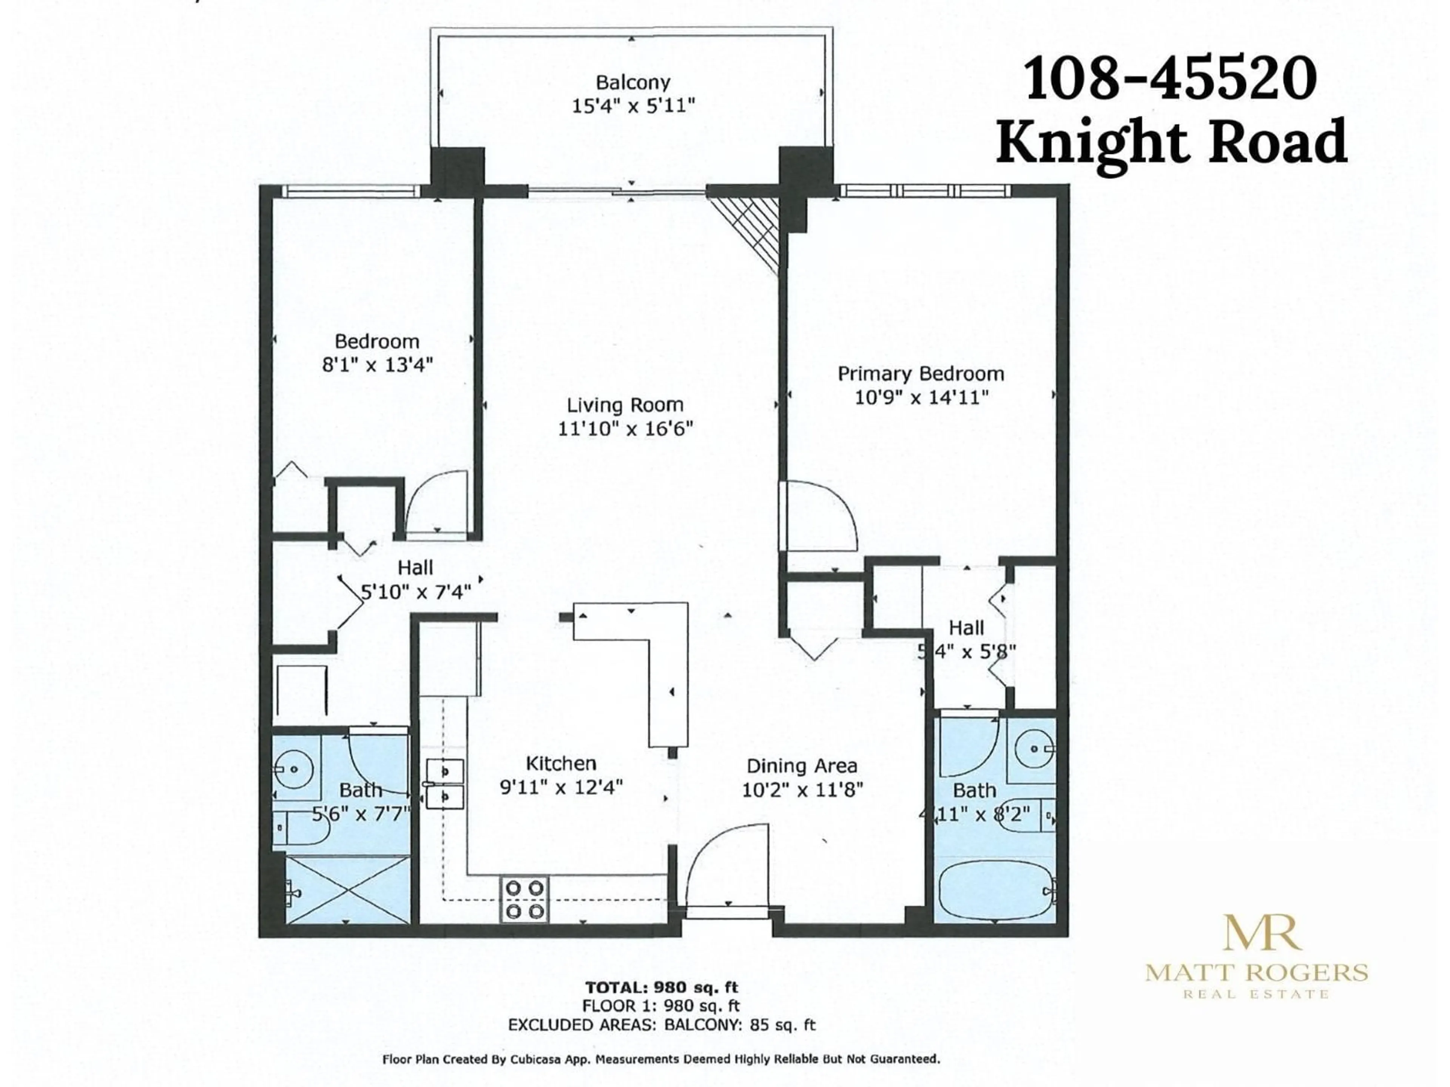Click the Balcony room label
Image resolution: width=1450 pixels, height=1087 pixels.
point(632,83)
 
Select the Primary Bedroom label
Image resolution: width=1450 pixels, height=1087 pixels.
point(920,374)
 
